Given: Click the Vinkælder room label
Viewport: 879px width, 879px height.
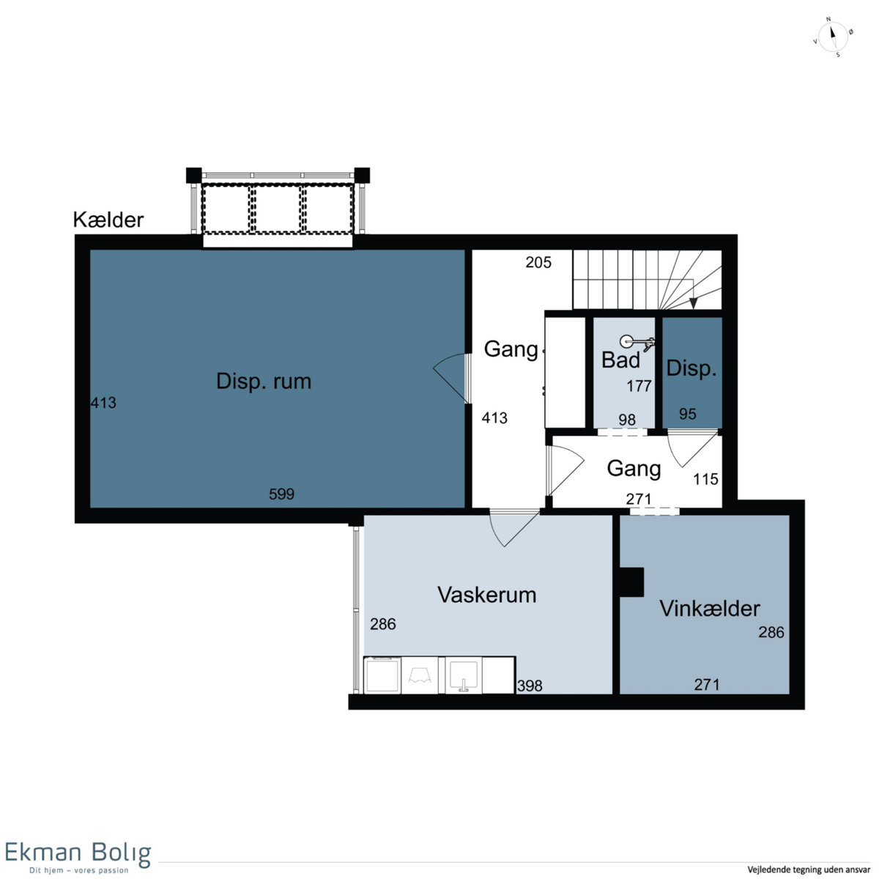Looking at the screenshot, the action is (709, 609).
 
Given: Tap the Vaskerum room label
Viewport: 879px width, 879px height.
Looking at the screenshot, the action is (486, 595).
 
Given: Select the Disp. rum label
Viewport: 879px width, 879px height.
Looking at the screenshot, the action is (264, 381).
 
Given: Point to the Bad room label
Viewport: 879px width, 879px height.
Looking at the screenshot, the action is (620, 360).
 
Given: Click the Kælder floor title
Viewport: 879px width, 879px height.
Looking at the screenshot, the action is (108, 220).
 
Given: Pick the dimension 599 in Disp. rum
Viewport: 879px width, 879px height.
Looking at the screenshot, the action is (281, 494).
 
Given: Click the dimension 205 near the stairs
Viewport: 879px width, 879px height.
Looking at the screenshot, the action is (538, 262).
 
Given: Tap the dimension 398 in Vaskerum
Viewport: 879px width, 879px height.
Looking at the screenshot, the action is (530, 686).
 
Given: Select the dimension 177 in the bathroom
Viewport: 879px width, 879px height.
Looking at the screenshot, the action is (639, 386).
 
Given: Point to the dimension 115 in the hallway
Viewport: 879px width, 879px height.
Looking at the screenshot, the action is (705, 479).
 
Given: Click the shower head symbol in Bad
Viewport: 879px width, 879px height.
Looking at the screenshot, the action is (637, 342).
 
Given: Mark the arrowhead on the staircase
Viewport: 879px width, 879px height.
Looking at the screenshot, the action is (693, 303).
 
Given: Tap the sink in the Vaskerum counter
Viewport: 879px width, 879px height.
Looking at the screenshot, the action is (464, 675).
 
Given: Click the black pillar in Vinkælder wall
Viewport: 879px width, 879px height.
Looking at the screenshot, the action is (631, 582).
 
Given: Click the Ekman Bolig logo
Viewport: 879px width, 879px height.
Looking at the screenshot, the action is (78, 856).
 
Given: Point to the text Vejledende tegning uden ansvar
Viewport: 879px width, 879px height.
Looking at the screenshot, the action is (809, 869).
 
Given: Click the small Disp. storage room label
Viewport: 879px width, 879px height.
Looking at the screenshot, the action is (691, 368).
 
